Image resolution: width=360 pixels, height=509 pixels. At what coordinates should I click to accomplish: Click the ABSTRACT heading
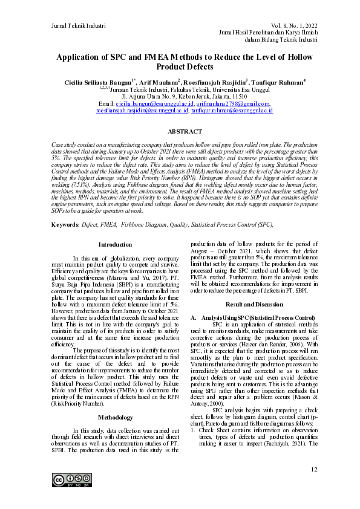[x=185, y=131]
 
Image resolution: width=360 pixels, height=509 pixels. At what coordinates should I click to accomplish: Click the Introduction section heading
[x=114, y=245]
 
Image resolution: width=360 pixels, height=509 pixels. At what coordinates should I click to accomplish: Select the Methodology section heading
[x=114, y=401]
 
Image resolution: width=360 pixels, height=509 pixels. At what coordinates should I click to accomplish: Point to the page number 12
[x=313, y=469]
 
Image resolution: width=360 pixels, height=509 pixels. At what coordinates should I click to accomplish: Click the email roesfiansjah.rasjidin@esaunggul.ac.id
[x=142, y=111]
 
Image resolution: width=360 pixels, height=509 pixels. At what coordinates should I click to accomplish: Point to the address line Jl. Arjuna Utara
[x=185, y=96]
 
